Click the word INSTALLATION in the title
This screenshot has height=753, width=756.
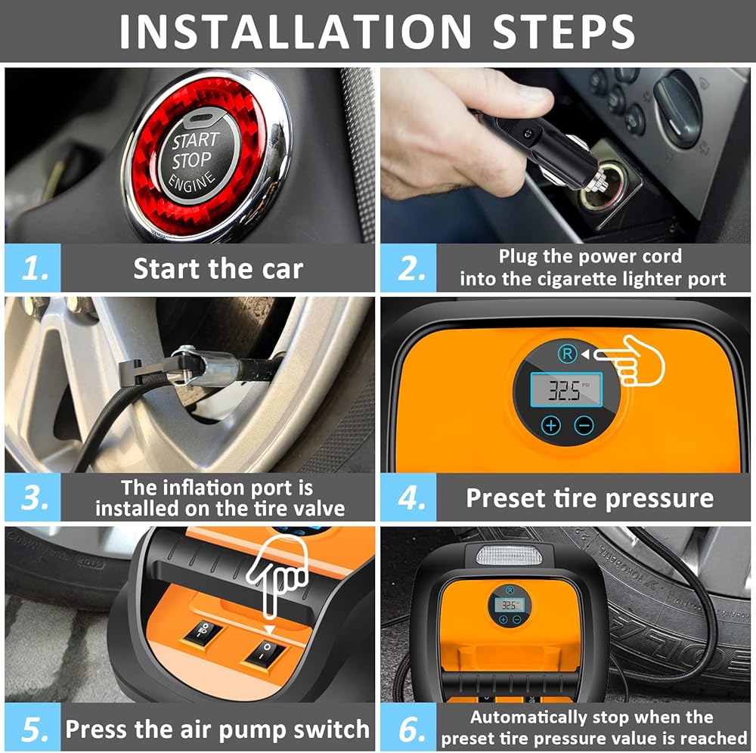(295, 31)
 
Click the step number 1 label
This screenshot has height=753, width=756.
(35, 268)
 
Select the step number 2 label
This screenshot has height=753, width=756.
(411, 268)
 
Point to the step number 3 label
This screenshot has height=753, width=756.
(35, 497)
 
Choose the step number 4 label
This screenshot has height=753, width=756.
(411, 497)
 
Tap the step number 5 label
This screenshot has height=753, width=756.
(35, 728)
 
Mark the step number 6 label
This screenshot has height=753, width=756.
(411, 728)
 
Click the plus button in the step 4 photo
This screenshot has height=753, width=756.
(551, 425)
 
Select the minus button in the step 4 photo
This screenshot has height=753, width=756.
(584, 425)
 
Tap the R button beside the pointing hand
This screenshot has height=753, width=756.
(568, 354)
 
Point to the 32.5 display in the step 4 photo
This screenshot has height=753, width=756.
(566, 389)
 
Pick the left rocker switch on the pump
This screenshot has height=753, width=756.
(203, 631)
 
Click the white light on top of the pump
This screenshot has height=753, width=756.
(509, 556)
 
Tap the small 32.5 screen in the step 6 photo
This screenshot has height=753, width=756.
(509, 605)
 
